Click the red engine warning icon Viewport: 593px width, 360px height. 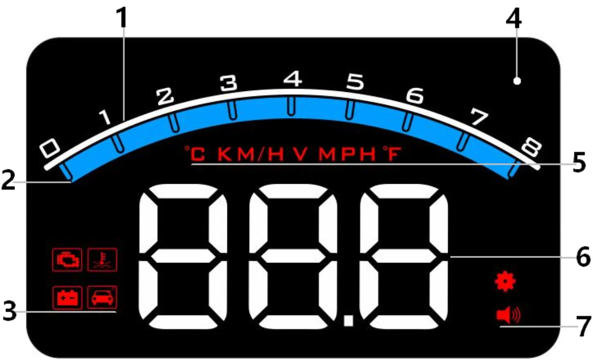pos(67,259)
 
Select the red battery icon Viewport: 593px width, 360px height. pos(67,297)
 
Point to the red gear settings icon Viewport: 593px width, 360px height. pos(505,281)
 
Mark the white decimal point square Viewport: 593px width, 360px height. pos(348,321)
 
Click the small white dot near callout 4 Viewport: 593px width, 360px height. pos(517,81)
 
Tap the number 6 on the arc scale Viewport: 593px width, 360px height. pos(414,96)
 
